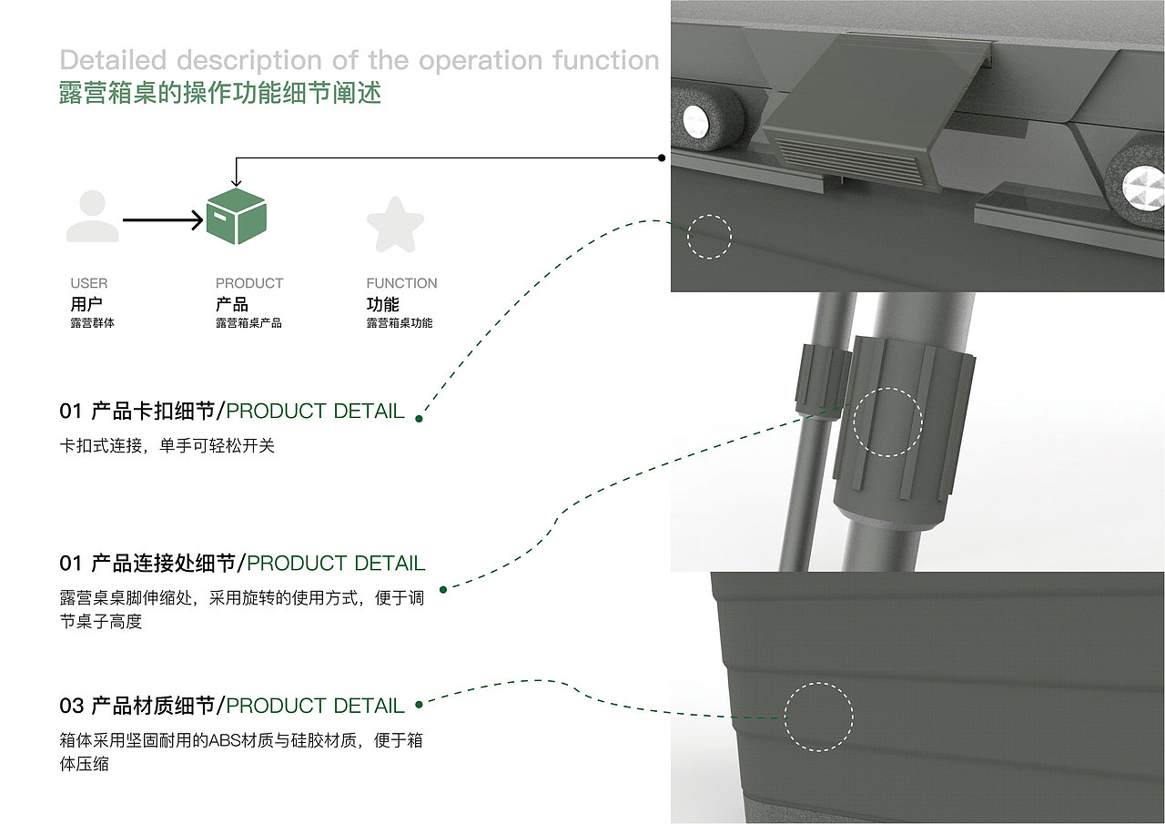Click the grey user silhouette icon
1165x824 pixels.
pos(93,216)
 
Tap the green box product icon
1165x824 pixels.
pos(237,217)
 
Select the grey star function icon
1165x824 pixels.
pos(395,225)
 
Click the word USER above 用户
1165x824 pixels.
pos(89,283)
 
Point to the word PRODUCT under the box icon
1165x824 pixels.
pos(249,283)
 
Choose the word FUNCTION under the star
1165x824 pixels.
pos(401,283)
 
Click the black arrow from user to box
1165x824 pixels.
pos(163,220)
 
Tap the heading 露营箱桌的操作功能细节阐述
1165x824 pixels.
pos(220,93)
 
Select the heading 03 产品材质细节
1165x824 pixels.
pos(137,706)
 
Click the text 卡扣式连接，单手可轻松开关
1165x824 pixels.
pos(167,445)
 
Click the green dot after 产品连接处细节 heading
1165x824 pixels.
pos(443,589)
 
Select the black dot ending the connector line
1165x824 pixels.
pos(662,158)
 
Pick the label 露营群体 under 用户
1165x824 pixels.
pos(93,323)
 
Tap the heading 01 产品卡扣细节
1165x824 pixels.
pos(137,411)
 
